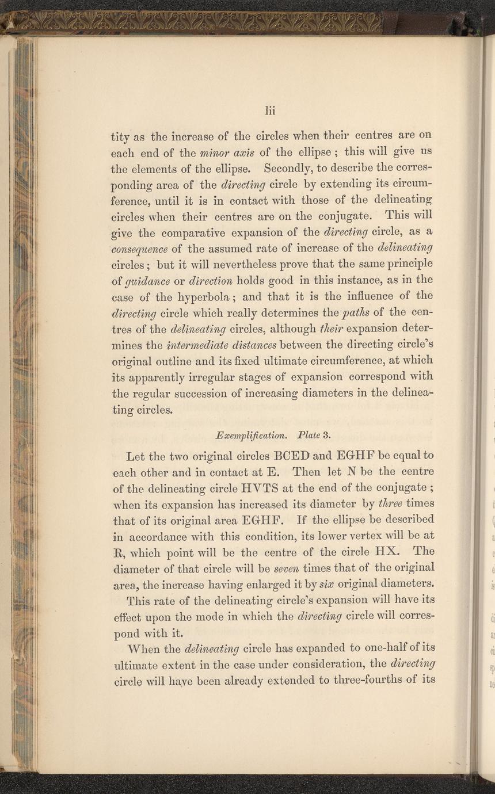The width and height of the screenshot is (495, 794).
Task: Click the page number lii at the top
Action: (x=271, y=110)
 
